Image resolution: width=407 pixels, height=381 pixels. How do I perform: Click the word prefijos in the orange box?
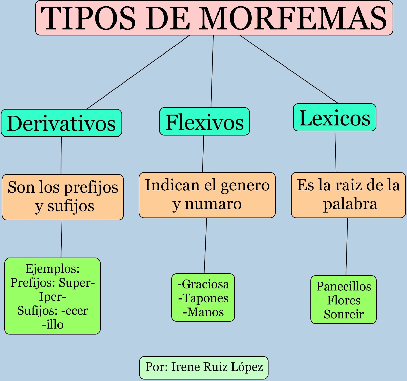(x=91, y=188)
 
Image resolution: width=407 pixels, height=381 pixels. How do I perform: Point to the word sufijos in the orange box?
(x=71, y=206)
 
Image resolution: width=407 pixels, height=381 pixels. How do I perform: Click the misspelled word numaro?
(x=213, y=204)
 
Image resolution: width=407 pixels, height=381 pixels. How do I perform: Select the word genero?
(x=245, y=185)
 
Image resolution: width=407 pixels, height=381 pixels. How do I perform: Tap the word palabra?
(x=350, y=204)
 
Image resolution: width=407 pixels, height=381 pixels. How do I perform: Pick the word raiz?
(x=349, y=185)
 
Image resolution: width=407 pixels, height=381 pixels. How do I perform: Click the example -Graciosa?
(x=203, y=284)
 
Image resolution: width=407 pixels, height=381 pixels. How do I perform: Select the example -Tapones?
(x=203, y=298)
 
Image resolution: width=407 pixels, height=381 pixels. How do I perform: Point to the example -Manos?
(x=203, y=312)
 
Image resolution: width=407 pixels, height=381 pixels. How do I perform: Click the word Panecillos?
(x=344, y=287)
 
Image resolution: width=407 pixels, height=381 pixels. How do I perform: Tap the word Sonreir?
(x=344, y=315)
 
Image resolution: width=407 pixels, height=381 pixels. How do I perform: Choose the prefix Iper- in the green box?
(x=53, y=297)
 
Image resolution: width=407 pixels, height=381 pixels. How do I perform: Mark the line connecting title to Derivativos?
(x=138, y=72)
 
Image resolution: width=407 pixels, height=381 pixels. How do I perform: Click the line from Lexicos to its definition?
(x=335, y=152)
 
